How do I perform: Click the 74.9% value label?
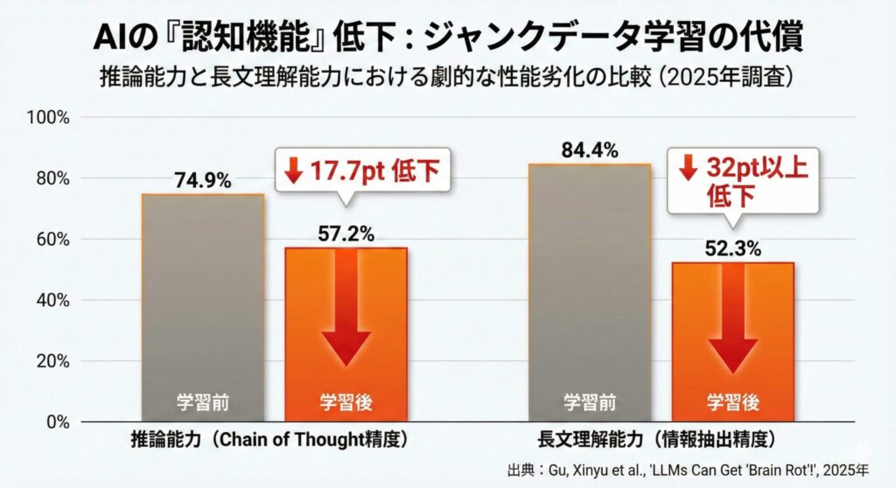click(202, 181)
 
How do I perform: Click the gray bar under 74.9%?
click(202, 306)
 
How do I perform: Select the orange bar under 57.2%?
click(346, 332)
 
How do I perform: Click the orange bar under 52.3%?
click(732, 341)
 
